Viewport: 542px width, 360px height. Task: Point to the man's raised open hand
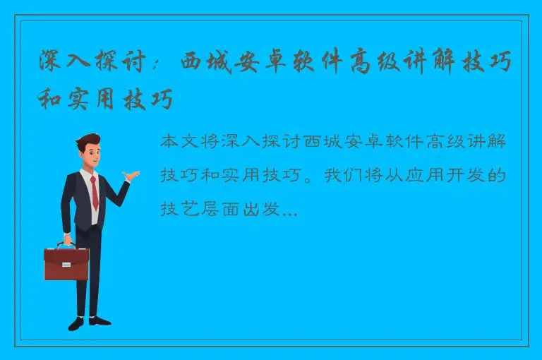pyautogui.click(x=131, y=174)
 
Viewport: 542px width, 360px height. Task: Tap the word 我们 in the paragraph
pyautogui.click(x=342, y=174)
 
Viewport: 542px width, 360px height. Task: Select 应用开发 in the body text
pyautogui.click(x=434, y=174)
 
